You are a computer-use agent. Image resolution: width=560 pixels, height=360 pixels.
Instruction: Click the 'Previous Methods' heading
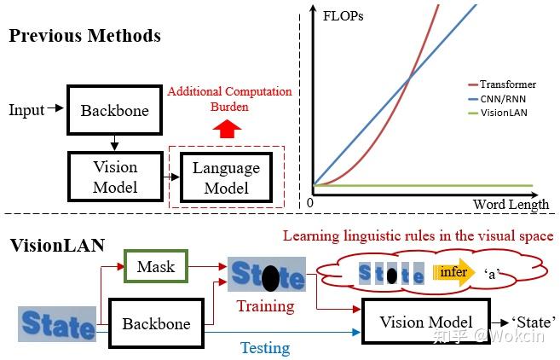(85, 36)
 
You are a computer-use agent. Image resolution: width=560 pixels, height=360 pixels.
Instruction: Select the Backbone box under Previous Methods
(114, 110)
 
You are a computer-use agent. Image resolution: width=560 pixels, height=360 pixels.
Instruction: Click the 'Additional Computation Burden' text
(229, 98)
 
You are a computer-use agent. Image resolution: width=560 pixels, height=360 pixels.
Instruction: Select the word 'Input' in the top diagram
(26, 110)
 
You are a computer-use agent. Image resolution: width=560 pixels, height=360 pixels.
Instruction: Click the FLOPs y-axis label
(343, 15)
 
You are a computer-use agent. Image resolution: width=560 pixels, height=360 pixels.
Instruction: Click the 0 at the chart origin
(309, 204)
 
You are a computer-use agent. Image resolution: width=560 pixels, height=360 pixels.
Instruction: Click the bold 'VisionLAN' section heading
(56, 246)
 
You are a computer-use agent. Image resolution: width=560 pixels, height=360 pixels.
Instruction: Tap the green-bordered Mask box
(155, 266)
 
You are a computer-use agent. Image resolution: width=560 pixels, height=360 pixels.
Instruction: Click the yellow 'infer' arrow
(454, 273)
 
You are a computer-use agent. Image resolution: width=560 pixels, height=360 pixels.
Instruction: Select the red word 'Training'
(265, 305)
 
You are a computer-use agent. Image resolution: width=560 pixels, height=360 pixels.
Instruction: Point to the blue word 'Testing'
(265, 347)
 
